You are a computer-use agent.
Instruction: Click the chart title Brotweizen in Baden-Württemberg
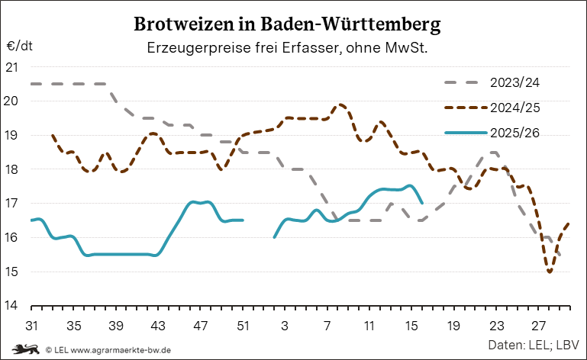coord(287,24)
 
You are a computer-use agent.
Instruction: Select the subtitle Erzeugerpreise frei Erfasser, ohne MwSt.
coord(287,48)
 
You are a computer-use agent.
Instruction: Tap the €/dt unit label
coord(20,46)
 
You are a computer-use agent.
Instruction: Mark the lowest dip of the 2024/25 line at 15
coord(550,271)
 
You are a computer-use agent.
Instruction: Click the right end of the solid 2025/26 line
coord(423,203)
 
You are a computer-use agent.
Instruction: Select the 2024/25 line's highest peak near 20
coord(340,104)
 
